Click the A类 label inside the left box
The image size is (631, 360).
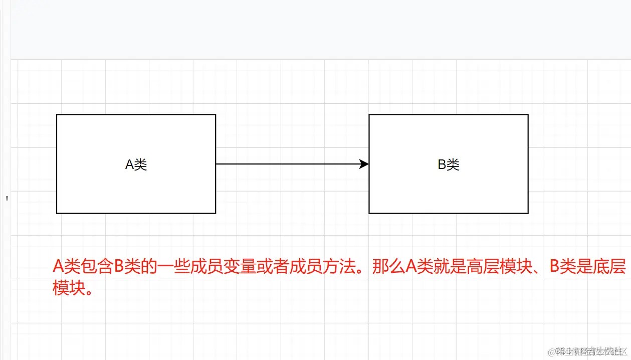click(136, 164)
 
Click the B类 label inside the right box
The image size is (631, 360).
click(449, 164)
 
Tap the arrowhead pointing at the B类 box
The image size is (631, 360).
click(365, 164)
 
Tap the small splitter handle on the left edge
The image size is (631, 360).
click(7, 198)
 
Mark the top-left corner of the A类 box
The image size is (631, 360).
click(57, 115)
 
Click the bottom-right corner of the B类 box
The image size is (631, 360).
click(528, 213)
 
